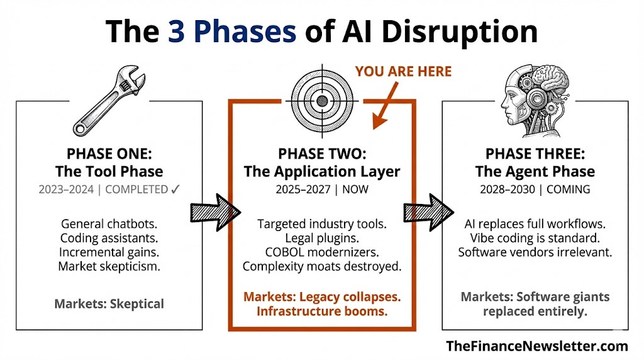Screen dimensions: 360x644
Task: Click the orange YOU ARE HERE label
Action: point(403,71)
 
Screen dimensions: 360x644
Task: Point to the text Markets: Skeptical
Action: point(109,304)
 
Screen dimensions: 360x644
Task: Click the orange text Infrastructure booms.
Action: point(321,311)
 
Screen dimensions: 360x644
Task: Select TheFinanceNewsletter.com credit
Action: point(537,346)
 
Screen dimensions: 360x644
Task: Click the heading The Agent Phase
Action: point(535,171)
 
